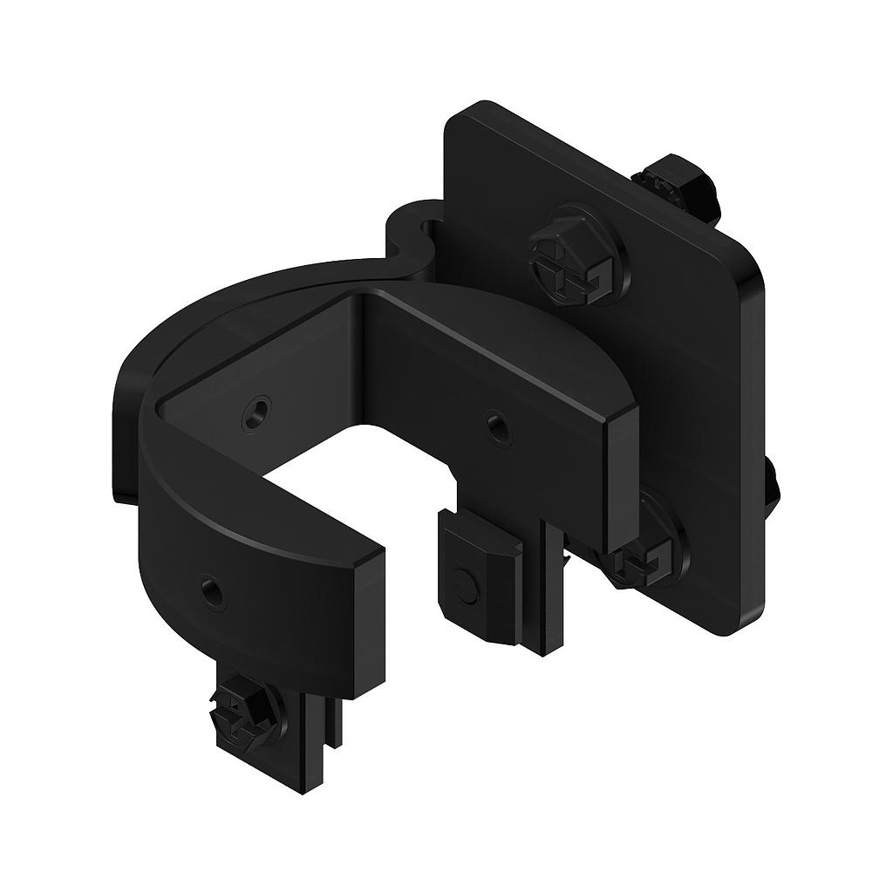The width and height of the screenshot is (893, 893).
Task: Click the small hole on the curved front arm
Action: click(212, 594)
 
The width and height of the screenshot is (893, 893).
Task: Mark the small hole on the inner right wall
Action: click(497, 427)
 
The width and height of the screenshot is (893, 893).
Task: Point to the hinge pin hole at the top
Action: click(430, 229)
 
